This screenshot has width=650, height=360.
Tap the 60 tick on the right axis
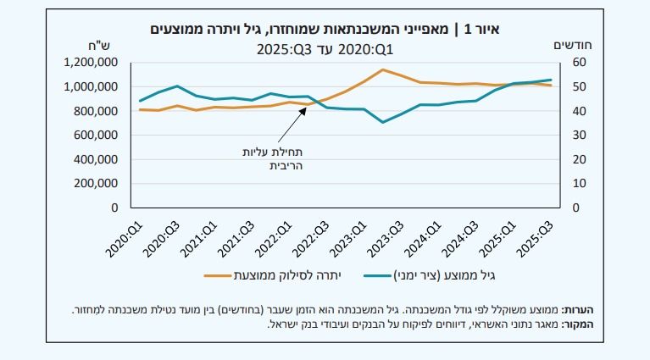coord(580,63)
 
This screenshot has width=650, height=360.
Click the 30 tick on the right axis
coord(580,136)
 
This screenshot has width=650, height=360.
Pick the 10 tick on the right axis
coord(580,184)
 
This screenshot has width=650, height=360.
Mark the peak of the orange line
coord(383,69)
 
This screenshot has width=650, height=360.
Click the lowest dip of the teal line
coord(383,122)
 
